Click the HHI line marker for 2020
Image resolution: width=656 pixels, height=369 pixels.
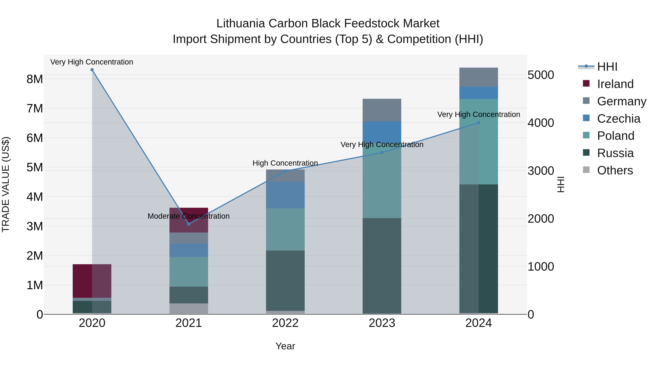tap(92, 70)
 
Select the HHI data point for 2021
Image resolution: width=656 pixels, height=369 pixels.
tap(189, 224)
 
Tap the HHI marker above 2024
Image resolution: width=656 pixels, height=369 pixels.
tap(479, 123)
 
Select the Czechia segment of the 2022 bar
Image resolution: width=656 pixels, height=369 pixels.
tap(285, 195)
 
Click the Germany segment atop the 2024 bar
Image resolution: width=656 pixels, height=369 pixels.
tap(479, 77)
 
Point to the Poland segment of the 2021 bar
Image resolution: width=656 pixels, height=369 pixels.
tap(189, 272)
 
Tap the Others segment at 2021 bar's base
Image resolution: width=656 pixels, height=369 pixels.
tap(189, 309)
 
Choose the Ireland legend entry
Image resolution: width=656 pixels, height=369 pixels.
tap(615, 84)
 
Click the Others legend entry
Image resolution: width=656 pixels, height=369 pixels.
tap(615, 170)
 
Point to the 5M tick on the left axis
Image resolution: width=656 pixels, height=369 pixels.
tap(35, 168)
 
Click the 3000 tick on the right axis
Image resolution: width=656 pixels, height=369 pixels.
tap(541, 171)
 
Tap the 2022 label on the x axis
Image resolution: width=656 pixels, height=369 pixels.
tap(285, 323)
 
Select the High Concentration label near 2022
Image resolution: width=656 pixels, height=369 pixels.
tap(285, 163)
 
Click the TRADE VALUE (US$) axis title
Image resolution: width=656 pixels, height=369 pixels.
tap(6, 184)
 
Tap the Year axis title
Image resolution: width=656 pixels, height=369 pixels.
tap(285, 346)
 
